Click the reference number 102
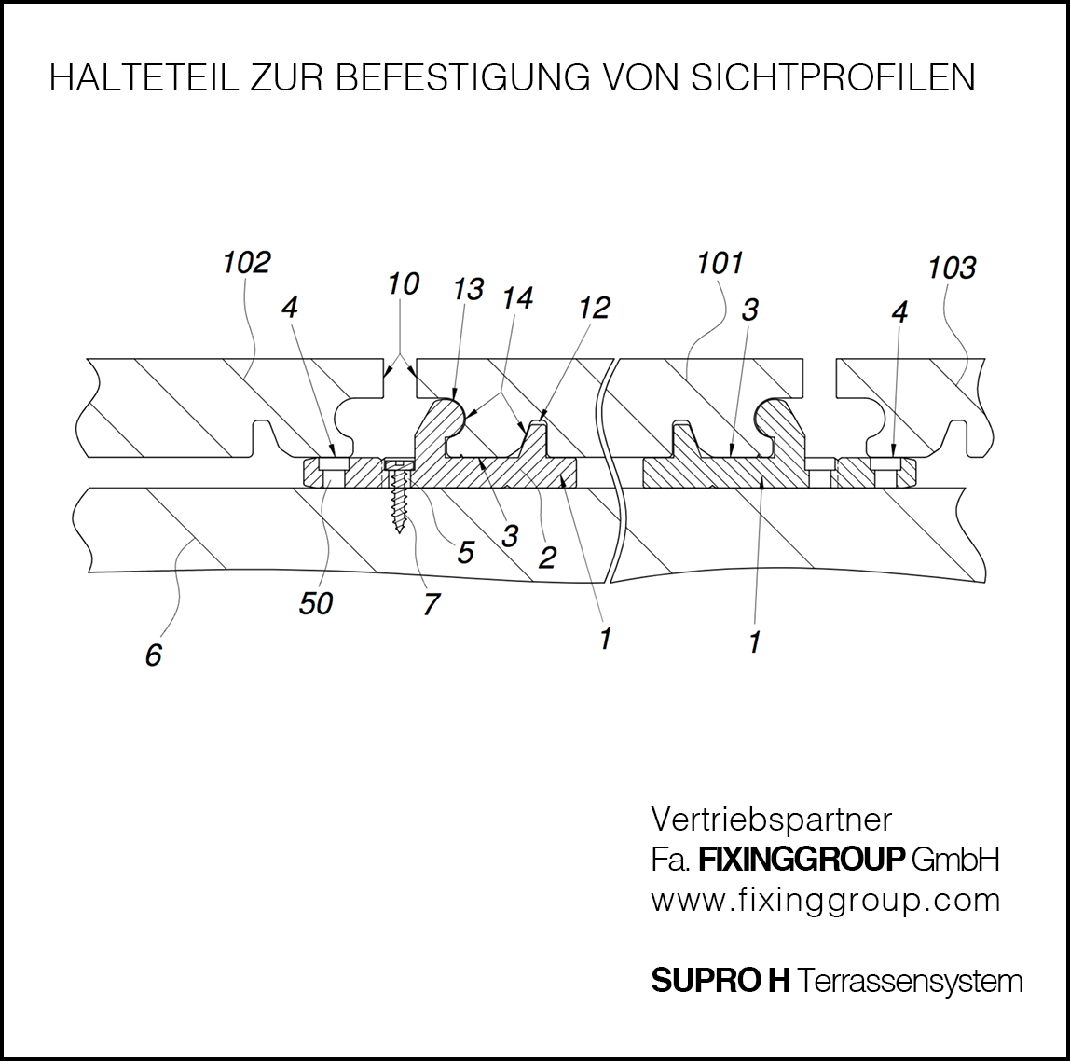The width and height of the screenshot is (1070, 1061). (247, 262)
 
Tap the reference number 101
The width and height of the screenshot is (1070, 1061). (720, 263)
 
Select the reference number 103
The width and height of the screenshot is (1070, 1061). (952, 268)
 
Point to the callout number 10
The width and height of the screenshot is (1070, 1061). (404, 284)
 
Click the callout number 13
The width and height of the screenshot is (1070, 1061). (469, 289)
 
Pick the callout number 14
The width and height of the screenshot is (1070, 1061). (518, 297)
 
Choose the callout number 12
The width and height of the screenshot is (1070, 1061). (595, 308)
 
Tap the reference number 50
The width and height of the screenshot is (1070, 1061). (316, 603)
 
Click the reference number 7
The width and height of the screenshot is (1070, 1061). (432, 604)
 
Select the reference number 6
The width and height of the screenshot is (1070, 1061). (154, 655)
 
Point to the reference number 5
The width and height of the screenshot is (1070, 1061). (465, 552)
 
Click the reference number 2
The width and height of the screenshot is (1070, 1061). (547, 558)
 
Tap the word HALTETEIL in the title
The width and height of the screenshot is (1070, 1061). (144, 77)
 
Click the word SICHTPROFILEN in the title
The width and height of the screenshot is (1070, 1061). (833, 77)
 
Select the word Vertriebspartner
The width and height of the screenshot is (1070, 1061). (771, 820)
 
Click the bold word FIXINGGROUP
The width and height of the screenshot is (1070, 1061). (802, 859)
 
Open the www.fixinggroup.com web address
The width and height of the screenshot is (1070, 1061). (825, 901)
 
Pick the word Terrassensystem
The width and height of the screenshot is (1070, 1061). (910, 981)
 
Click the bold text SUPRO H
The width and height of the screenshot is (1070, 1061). (720, 981)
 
